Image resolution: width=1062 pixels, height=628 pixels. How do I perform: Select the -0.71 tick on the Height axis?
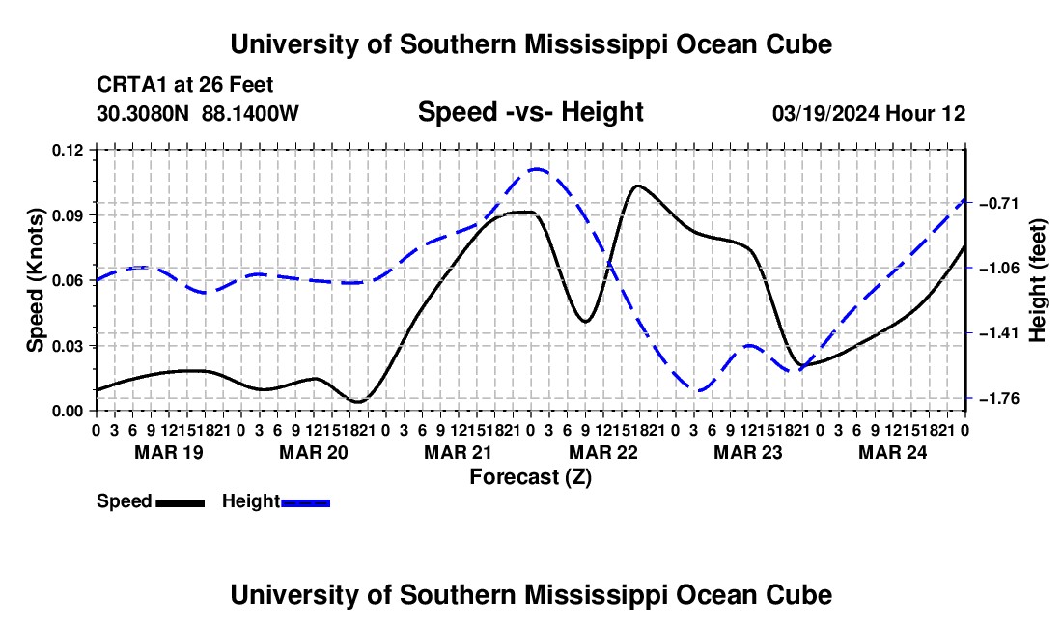coord(998,203)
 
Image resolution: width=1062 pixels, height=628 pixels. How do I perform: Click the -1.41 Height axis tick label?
coord(998,333)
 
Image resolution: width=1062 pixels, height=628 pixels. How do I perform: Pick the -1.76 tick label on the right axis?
coord(998,398)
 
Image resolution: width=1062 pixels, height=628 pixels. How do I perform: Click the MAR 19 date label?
coord(169,452)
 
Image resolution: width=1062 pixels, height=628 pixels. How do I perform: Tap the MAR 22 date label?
coord(603,452)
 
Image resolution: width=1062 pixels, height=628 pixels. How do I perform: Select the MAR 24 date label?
coord(893,452)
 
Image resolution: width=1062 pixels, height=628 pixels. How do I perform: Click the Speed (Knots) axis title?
coord(35,280)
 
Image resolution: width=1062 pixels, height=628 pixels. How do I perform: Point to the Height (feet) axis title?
coord(1037,280)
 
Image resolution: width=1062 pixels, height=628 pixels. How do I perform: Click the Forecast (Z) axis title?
coord(531,477)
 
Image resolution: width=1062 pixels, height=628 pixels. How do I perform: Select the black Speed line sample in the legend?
coord(181,502)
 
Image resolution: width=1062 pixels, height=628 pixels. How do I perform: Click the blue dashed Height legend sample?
coord(305,502)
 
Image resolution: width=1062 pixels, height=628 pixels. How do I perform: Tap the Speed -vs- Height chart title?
coord(531,112)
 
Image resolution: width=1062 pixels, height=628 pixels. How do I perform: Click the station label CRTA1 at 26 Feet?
coord(185,85)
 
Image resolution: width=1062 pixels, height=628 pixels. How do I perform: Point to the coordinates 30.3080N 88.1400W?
coord(198,113)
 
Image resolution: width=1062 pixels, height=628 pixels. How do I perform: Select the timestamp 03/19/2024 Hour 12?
coord(869,113)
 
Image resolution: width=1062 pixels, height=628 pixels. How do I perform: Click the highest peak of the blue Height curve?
coord(537,169)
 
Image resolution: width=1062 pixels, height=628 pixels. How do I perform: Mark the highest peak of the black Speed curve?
coord(637,185)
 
